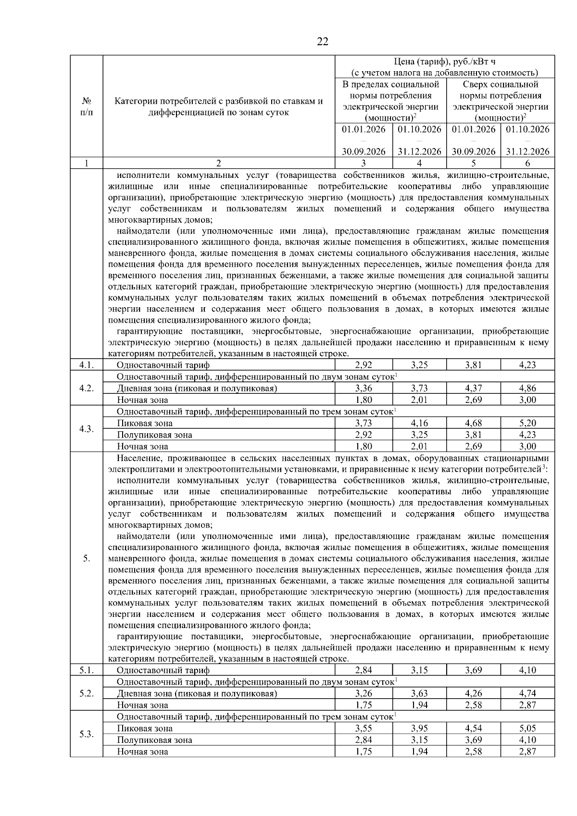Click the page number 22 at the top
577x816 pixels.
pos(323,42)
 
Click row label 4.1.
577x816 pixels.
pos(86,365)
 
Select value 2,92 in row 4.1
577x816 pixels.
pos(364,365)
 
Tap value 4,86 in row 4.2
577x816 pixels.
pos(527,388)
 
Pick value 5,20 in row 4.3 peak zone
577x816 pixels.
pos(527,423)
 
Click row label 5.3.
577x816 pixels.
pos(86,734)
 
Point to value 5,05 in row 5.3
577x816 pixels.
pos(527,728)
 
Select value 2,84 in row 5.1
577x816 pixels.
pos(364,670)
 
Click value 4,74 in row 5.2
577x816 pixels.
pos(527,693)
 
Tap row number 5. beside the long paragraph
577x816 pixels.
pos(86,558)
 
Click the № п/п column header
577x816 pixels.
pos(86,107)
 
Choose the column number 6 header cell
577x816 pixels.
pos(527,163)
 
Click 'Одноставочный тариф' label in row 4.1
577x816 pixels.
pos(163,365)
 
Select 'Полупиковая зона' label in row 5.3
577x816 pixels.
pos(154,740)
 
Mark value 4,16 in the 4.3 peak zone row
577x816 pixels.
pos(419,423)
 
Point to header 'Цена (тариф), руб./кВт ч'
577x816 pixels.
pos(444,62)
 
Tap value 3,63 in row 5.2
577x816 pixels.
pos(419,693)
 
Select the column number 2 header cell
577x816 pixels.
pos(219,163)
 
